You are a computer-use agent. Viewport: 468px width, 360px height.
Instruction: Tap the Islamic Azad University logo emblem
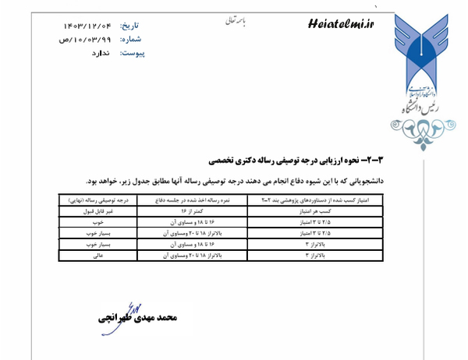(428, 51)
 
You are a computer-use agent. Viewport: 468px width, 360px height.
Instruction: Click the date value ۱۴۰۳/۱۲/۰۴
(87, 26)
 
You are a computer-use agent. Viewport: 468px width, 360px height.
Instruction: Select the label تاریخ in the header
(133, 26)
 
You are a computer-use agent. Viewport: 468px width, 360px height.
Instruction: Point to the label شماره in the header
(133, 40)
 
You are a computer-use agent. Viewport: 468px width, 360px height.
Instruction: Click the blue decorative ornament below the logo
(427, 130)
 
